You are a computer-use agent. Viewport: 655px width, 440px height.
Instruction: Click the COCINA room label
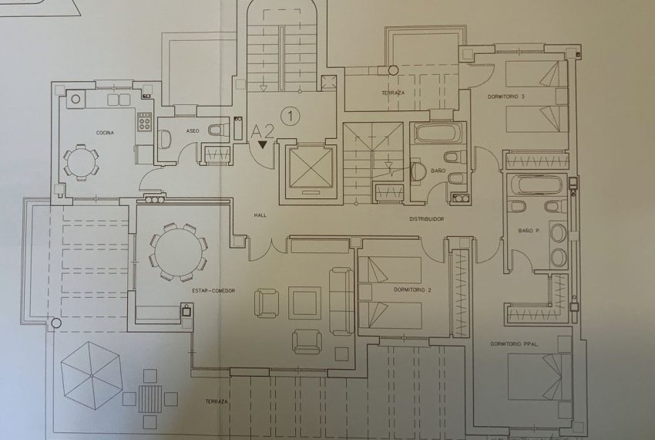click(105, 133)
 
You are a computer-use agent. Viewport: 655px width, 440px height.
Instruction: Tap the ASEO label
click(193, 130)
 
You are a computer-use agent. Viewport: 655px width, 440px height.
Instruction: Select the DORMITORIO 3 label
click(506, 96)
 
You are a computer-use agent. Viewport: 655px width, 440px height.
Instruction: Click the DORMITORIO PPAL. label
click(514, 344)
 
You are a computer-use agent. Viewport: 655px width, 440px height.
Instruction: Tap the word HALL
click(259, 215)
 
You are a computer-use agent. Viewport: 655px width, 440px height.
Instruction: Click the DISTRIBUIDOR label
click(426, 219)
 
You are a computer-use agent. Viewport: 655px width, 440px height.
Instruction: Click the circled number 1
click(291, 117)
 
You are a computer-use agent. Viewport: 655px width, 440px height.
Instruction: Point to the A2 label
click(263, 131)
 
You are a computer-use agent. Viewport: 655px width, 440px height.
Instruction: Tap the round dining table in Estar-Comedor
click(178, 251)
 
